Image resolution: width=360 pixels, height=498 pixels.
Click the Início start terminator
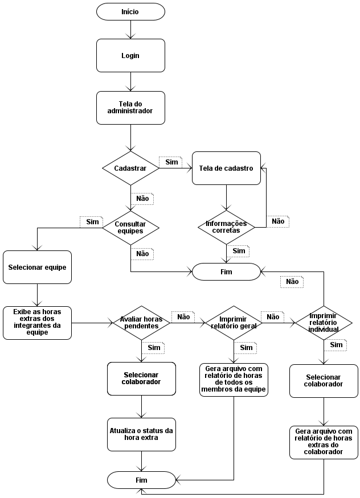130,11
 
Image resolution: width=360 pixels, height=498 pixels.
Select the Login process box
130,56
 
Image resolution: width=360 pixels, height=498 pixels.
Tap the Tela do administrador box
130,108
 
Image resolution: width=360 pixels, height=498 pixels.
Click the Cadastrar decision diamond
130,168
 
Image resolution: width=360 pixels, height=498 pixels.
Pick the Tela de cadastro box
226,168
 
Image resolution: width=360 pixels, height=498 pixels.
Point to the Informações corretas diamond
226,227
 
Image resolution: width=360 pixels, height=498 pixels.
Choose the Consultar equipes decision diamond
130,227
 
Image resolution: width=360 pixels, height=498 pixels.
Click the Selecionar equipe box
37,267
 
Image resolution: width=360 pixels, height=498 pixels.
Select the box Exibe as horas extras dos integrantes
37,323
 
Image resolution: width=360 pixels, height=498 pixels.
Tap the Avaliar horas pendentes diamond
141,323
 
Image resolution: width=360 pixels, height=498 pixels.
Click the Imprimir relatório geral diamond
234,323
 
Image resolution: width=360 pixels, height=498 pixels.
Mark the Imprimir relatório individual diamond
324,323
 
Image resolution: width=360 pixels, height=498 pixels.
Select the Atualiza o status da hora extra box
141,434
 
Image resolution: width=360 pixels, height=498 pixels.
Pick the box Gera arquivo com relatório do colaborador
324,442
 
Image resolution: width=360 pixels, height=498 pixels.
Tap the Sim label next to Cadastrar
171,162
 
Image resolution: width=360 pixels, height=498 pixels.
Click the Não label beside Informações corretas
277,221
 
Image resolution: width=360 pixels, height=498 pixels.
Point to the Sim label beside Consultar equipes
92,222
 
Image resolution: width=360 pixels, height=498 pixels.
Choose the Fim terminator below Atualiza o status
141,480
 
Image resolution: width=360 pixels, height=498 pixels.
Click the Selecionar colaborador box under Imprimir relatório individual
324,381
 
